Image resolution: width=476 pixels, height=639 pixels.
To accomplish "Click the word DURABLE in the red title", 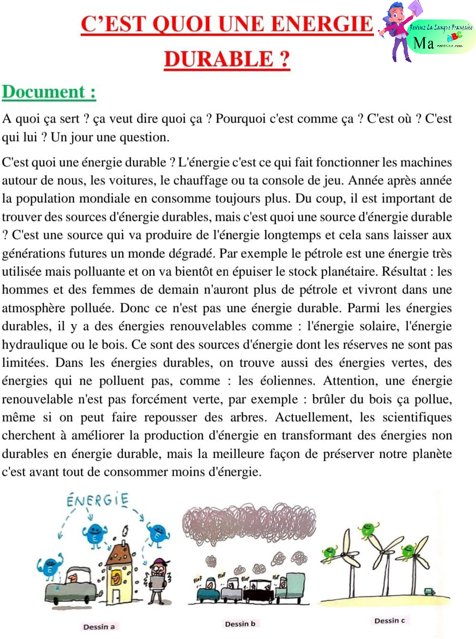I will tap(219, 59).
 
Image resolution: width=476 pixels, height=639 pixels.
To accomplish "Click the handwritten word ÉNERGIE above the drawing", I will tap(97, 500).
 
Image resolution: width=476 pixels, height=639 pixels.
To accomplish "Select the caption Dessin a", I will tap(99, 627).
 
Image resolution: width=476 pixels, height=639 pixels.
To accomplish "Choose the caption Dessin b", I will tap(240, 623).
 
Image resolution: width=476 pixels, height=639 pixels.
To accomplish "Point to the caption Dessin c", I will tap(389, 620).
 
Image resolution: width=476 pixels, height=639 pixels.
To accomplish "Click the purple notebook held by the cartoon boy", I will tap(415, 8).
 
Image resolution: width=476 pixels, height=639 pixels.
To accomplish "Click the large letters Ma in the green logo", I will tap(423, 43).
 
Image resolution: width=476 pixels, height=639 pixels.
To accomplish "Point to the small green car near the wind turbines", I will tap(429, 592).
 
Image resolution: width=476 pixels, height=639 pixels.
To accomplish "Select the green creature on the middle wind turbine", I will tap(368, 529).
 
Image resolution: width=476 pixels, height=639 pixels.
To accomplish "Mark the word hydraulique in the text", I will tap(36, 344).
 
